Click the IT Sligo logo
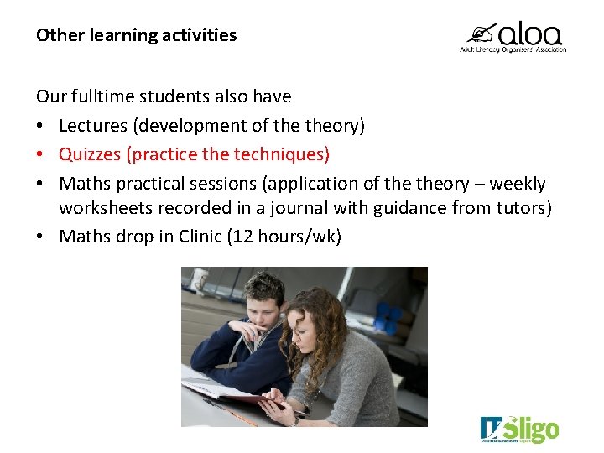(518, 429)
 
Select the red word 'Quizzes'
(91, 154)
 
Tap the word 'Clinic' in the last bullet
(200, 237)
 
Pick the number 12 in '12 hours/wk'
(245, 237)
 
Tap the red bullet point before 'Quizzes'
(40, 155)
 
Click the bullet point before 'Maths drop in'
(40, 237)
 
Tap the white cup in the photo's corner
(198, 278)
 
